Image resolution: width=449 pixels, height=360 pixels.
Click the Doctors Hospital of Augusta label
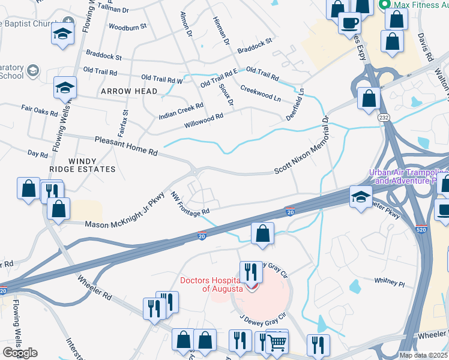pos(214,285)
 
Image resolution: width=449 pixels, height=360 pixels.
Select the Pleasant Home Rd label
pos(126,146)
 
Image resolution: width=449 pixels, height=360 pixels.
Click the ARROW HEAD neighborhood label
pos(129,91)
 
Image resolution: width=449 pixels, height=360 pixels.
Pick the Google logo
pos(20,353)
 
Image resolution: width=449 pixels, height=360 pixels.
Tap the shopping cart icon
pos(277,341)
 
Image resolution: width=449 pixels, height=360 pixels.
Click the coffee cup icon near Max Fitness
pos(349,23)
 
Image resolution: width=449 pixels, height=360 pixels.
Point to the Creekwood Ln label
pos(261,93)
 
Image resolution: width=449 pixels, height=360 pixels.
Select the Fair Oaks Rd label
pos(39,111)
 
